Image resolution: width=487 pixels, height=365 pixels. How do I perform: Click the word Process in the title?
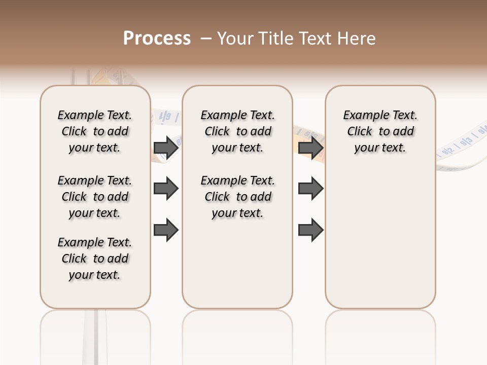click(x=157, y=39)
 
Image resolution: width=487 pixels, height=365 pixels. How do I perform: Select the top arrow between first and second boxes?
click(x=166, y=148)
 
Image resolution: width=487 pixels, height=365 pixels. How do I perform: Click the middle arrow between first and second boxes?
click(x=166, y=189)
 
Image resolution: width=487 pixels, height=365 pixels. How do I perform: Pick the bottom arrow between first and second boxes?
click(x=166, y=230)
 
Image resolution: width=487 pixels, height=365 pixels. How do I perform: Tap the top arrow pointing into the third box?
click(x=310, y=148)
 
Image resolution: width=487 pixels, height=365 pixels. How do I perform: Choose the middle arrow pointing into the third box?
click(x=310, y=189)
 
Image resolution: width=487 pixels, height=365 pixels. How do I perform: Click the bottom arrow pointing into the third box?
click(x=310, y=230)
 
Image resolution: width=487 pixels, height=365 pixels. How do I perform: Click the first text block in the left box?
click(x=95, y=131)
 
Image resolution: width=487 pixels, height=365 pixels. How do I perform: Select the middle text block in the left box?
click(x=95, y=197)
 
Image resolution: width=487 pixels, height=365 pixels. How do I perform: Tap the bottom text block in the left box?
click(x=95, y=259)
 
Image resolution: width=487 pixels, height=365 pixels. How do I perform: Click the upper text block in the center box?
click(x=237, y=131)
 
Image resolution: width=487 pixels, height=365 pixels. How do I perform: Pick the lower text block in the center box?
click(x=237, y=197)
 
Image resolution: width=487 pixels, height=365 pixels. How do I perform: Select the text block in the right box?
click(x=380, y=131)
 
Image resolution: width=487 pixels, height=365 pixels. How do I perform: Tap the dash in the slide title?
click(x=206, y=39)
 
